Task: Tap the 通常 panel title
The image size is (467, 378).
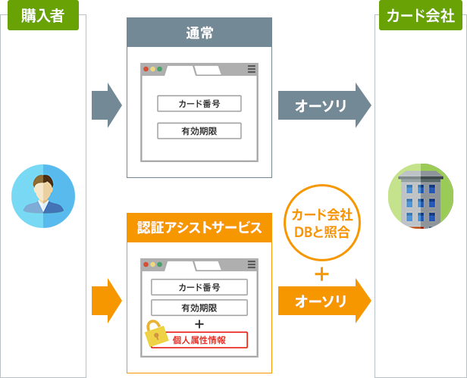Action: click(x=199, y=33)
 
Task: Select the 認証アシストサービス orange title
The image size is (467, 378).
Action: click(x=199, y=227)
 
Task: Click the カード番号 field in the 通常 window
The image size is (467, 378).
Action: click(x=199, y=104)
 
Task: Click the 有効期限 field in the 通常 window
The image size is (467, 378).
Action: click(x=199, y=130)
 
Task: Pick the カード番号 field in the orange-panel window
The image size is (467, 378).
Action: click(x=199, y=287)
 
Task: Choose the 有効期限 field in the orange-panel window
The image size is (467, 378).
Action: click(x=199, y=308)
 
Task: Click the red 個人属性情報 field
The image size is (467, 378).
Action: click(x=199, y=339)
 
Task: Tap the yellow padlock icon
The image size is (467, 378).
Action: click(x=156, y=332)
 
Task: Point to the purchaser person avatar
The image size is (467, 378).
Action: click(x=43, y=196)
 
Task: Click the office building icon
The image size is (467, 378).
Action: click(x=420, y=195)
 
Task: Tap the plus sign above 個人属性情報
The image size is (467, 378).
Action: click(x=199, y=323)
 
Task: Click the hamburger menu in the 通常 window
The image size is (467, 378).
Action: click(x=252, y=69)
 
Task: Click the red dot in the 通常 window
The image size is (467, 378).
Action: click(x=146, y=69)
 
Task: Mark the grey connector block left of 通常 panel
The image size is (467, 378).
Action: click(x=107, y=105)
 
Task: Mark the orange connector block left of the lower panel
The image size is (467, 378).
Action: click(x=107, y=301)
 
